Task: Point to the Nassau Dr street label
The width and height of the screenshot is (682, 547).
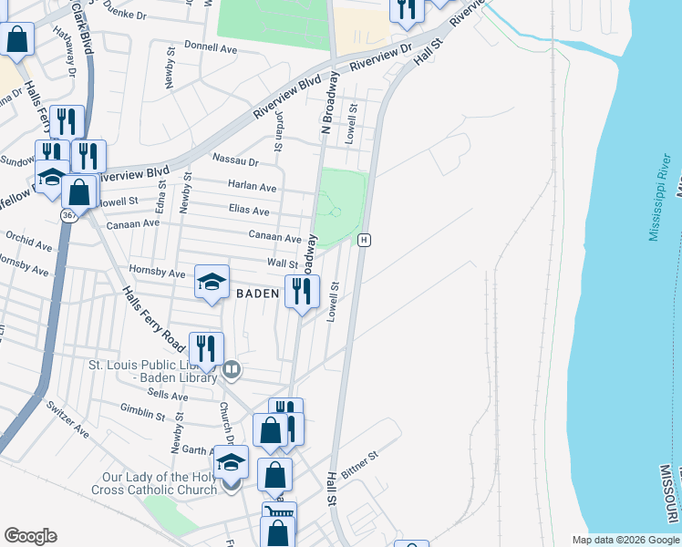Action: [235, 160]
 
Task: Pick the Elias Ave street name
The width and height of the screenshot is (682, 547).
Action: [249, 211]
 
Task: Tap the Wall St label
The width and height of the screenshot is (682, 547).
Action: [282, 263]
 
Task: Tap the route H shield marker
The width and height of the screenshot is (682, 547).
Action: [364, 240]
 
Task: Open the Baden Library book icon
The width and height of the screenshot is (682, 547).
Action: [232, 368]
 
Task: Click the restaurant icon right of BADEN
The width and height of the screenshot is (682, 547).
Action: [301, 292]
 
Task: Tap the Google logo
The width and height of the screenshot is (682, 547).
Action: [30, 536]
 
